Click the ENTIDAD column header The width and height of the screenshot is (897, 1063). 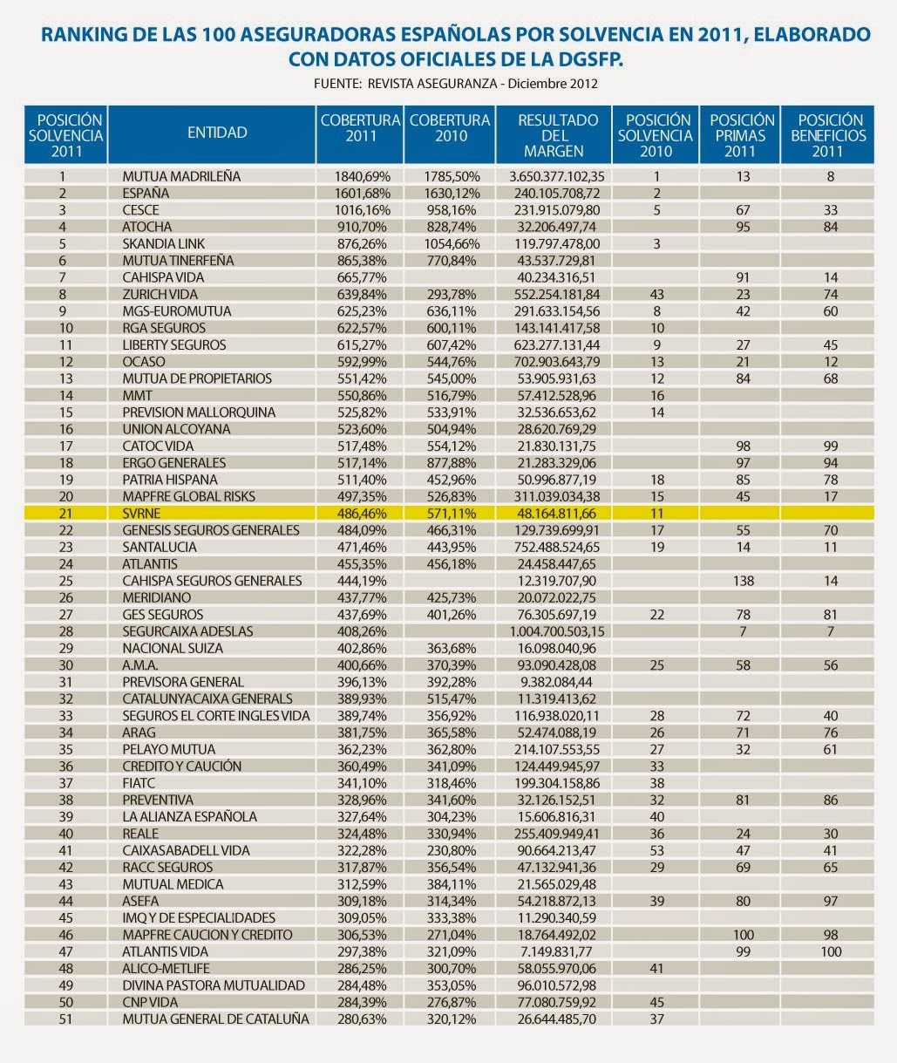click(x=217, y=133)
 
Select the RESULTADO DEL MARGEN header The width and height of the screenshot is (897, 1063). click(x=557, y=135)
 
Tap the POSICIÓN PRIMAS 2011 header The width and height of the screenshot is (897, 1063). click(x=742, y=135)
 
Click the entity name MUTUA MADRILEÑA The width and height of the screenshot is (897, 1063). click(x=181, y=176)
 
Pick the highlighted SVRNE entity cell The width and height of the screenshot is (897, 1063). click(x=142, y=513)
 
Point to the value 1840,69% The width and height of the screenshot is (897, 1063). click(x=362, y=176)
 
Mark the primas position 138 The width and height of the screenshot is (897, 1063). click(x=743, y=581)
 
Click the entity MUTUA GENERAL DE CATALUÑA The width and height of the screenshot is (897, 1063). click(x=215, y=1019)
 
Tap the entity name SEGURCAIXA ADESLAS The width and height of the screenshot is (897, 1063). click(x=187, y=631)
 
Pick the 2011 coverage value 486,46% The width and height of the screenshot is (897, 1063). click(x=362, y=513)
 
